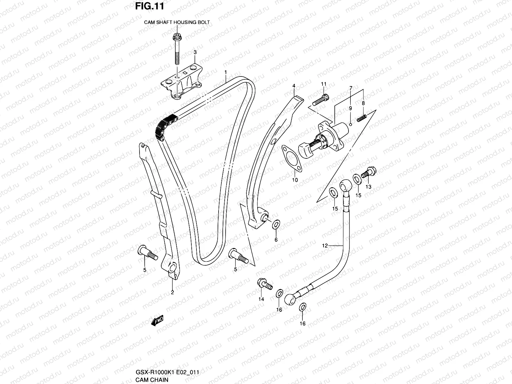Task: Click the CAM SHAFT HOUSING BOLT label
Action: point(177,22)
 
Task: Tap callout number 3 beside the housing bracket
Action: point(195,52)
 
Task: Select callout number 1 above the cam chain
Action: point(226,72)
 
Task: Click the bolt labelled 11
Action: point(320,100)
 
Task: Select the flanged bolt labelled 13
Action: point(369,173)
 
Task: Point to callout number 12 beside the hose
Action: point(325,246)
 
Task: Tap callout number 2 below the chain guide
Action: point(172,292)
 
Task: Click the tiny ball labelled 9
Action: point(350,124)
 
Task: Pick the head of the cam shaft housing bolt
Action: point(176,36)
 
